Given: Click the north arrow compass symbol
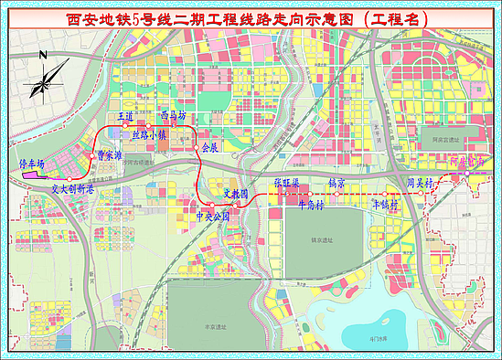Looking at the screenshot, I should pyautogui.click(x=43, y=79).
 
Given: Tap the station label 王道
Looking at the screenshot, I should pyautogui.click(x=126, y=118).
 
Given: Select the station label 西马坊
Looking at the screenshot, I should pyautogui.click(x=173, y=116).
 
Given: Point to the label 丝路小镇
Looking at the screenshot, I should pyautogui.click(x=151, y=134).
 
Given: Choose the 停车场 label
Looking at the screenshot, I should pyautogui.click(x=32, y=162).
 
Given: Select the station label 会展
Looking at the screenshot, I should pyautogui.click(x=209, y=146).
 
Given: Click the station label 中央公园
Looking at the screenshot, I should pyautogui.click(x=213, y=217).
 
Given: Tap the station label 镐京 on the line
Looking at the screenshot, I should pyautogui.click(x=336, y=183).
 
